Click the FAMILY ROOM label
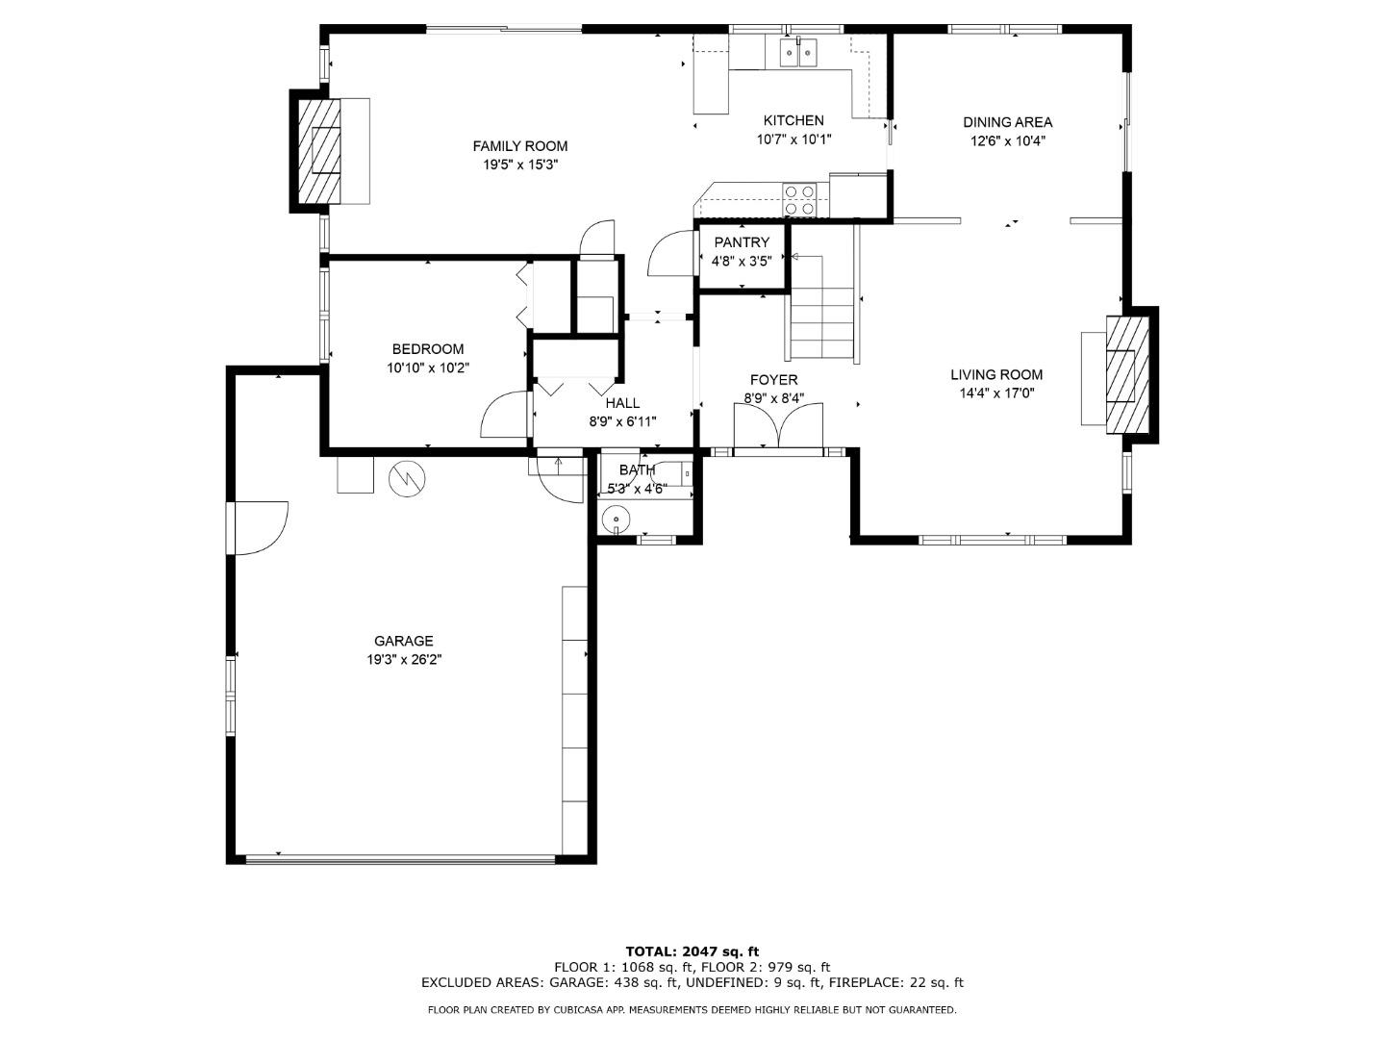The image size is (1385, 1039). tap(519, 146)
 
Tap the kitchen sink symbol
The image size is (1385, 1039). tap(797, 52)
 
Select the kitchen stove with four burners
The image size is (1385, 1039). tap(800, 200)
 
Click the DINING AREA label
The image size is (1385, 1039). tap(1007, 122)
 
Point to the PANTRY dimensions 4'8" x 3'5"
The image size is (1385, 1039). tap(741, 261)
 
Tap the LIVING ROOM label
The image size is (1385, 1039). tap(996, 375)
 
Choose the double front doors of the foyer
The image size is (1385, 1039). tap(778, 427)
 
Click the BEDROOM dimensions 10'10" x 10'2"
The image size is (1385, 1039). tap(428, 367)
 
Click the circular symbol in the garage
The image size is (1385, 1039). tap(406, 478)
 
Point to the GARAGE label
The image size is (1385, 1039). tap(403, 641)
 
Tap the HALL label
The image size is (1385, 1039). tap(622, 403)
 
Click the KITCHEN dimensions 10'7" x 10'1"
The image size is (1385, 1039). tap(793, 139)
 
